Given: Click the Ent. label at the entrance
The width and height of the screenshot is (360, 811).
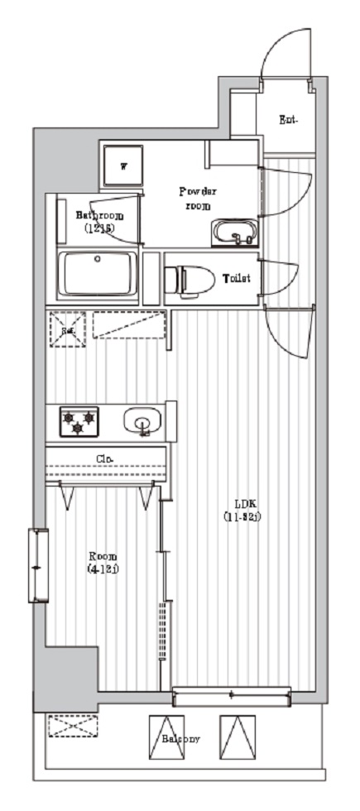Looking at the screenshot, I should tap(288, 121).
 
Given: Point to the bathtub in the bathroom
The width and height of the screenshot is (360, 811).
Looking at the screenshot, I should tap(98, 273).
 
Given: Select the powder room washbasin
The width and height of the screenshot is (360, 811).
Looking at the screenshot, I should tap(234, 234).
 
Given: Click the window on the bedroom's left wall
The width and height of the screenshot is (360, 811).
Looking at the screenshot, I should tap(37, 567).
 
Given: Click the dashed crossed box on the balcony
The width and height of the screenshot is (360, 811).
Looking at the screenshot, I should tap(72, 727).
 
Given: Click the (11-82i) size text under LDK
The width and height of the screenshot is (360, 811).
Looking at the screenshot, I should tap(242, 517).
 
